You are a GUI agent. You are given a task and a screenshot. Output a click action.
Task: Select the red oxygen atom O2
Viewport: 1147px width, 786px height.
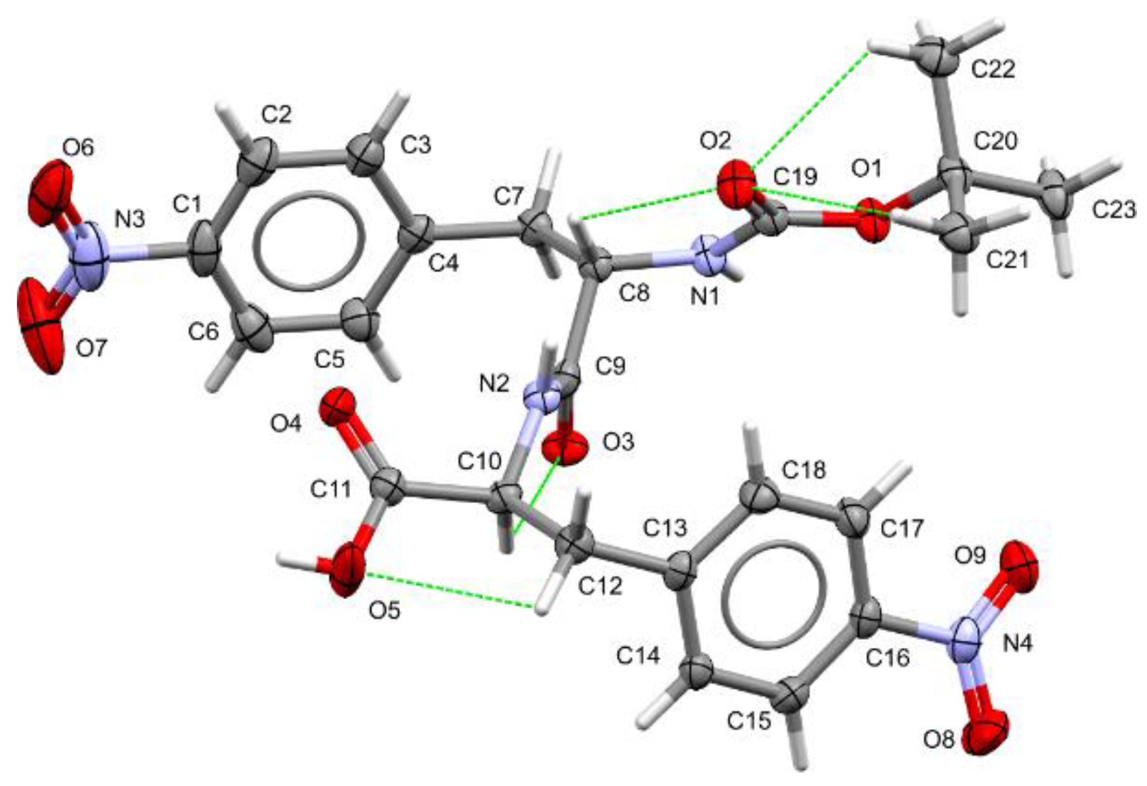click(x=735, y=180)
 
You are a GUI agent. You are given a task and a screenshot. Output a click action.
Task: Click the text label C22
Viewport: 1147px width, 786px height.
click(x=993, y=69)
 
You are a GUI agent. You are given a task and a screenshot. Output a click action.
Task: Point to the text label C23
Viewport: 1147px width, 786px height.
click(x=1114, y=211)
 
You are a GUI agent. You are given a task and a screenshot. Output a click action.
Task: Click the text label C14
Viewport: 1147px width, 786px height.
click(x=639, y=655)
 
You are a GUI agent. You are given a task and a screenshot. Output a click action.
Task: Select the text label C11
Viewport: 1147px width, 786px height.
click(x=331, y=489)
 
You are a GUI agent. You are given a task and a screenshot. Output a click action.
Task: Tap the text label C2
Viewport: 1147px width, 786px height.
click(x=277, y=115)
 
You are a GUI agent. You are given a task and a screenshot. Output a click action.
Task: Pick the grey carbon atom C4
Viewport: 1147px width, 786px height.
click(x=420, y=230)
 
